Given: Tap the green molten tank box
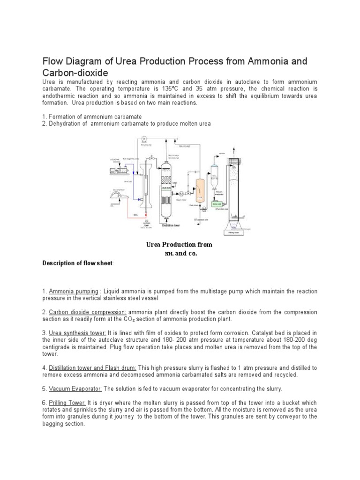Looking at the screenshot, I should [217, 203].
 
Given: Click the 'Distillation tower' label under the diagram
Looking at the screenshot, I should [172, 225].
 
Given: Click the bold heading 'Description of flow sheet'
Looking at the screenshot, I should [77, 263].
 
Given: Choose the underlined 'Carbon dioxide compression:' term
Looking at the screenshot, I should [87, 312].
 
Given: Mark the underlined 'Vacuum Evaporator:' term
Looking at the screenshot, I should [75, 389].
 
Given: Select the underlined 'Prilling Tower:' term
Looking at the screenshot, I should [67, 403].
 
